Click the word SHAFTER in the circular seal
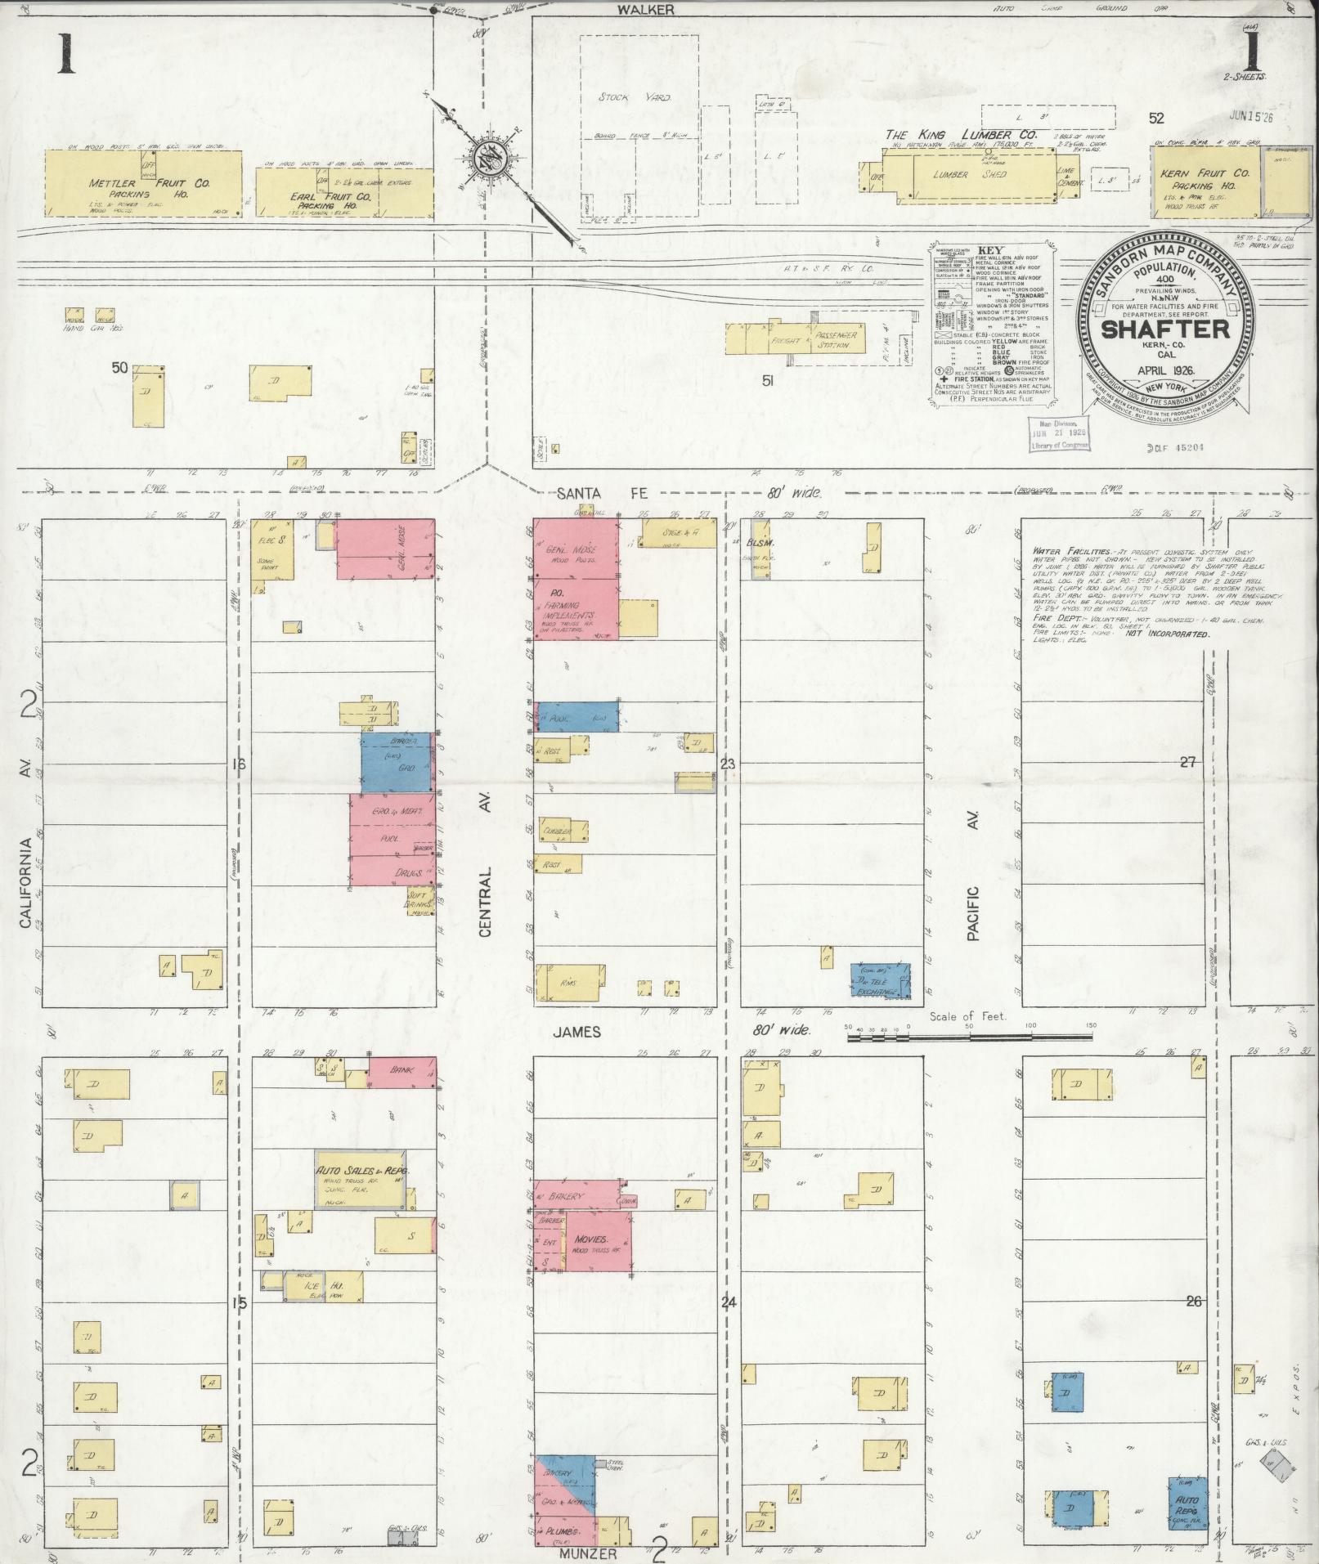point(1164,329)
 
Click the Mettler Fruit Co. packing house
point(143,182)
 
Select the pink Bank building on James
point(402,1071)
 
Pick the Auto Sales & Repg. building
point(361,1179)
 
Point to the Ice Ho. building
point(312,1285)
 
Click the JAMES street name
point(577,1032)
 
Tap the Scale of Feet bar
point(969,1037)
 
